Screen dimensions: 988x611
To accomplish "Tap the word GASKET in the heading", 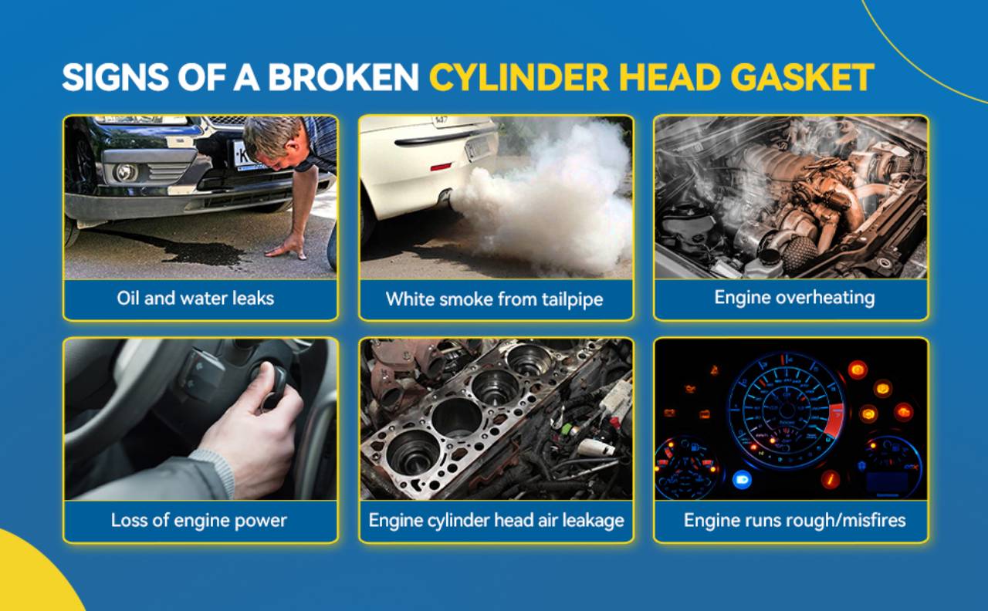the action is tap(802, 77).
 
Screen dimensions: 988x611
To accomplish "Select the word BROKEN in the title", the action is tap(343, 77).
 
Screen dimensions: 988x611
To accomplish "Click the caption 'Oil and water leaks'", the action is tap(195, 299).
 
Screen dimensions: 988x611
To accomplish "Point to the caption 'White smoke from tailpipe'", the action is tap(495, 299).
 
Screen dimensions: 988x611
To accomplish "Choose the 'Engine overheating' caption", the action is tap(794, 298).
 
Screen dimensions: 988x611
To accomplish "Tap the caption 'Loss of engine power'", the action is tap(199, 520).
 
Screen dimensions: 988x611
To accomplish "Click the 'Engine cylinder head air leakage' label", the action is tap(496, 520).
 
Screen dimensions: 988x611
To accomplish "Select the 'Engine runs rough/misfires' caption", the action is tap(795, 520).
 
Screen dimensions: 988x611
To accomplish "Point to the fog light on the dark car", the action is tap(125, 172).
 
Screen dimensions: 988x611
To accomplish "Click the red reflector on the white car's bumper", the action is tap(441, 167).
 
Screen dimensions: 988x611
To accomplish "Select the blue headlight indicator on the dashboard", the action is tap(742, 479).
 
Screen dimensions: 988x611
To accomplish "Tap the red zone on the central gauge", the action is tap(835, 421).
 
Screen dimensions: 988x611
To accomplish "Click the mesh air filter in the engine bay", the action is tap(798, 254).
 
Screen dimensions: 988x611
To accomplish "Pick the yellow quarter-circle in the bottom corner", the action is tap(31, 578).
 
